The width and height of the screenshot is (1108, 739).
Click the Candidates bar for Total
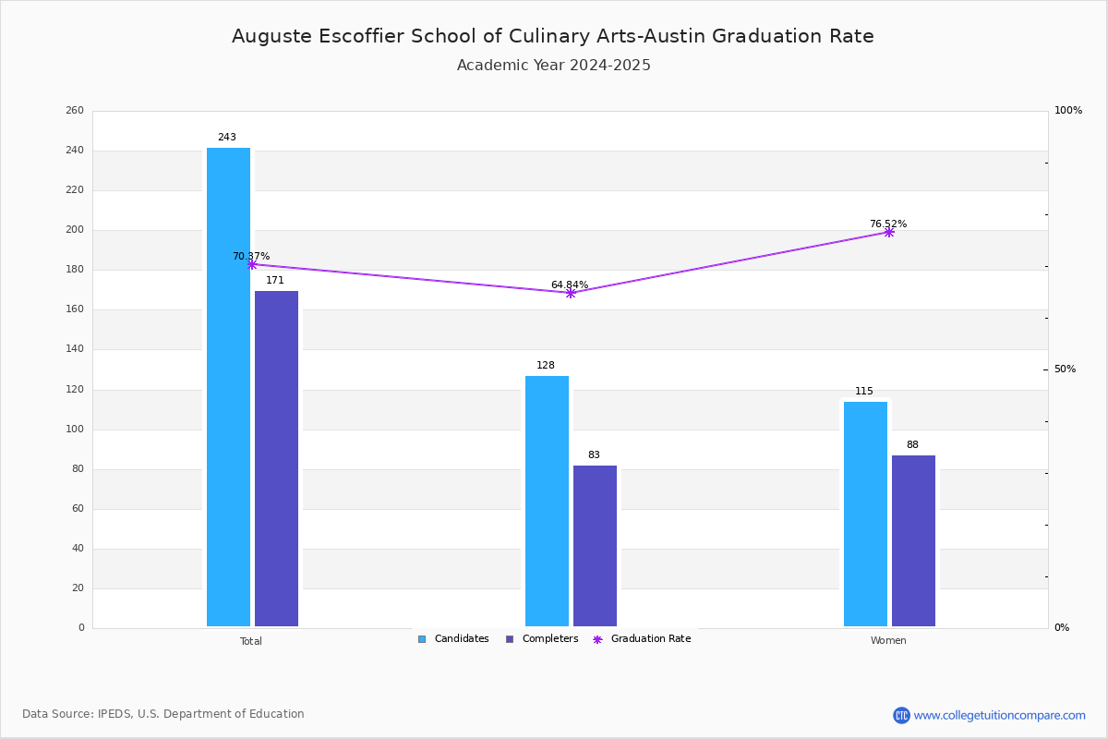click(x=228, y=388)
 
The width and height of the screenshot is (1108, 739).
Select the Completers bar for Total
click(x=276, y=459)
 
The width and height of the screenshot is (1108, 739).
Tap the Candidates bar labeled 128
click(x=547, y=502)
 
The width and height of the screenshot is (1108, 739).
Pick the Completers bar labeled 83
click(x=595, y=546)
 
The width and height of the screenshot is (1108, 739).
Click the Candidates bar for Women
click(x=865, y=515)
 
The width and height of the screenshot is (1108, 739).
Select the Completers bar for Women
click(x=913, y=541)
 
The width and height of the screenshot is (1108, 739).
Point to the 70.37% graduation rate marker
click(x=252, y=265)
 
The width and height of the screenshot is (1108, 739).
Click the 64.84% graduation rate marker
click(x=571, y=293)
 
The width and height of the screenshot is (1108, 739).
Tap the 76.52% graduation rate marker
click(x=889, y=233)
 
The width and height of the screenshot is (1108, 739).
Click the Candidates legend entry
click(x=453, y=639)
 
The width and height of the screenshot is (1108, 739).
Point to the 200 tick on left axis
click(x=74, y=230)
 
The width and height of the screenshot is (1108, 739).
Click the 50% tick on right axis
click(x=1065, y=369)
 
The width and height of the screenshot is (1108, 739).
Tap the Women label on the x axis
click(x=888, y=641)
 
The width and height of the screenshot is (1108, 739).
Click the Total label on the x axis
click(x=251, y=641)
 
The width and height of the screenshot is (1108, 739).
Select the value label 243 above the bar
click(x=227, y=138)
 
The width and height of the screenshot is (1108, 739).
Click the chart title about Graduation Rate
click(x=553, y=36)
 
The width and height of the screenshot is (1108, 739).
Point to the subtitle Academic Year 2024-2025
click(x=553, y=66)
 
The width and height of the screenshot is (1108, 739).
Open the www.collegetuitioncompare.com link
click(x=999, y=715)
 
